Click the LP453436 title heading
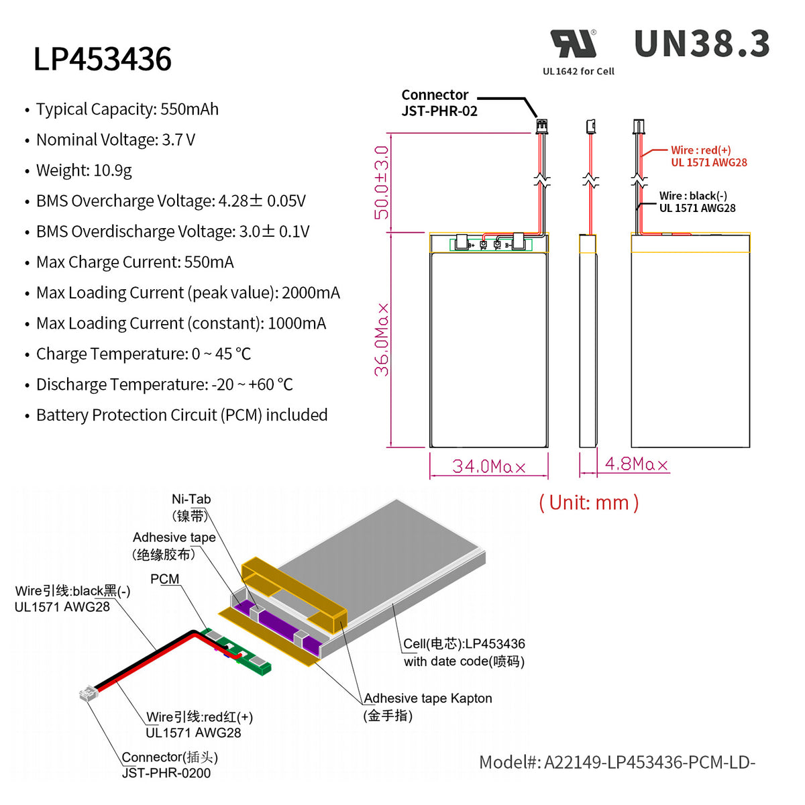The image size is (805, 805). click(x=103, y=59)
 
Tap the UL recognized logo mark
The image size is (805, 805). click(x=574, y=44)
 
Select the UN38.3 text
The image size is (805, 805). click(x=702, y=44)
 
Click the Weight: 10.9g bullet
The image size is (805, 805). click(x=84, y=170)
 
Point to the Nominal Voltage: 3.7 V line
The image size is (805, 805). click(x=115, y=140)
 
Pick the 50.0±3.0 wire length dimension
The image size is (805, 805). click(x=382, y=182)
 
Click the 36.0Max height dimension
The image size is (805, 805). click(x=382, y=339)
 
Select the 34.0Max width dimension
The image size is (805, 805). click(x=488, y=466)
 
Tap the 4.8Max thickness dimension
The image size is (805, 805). click(x=636, y=464)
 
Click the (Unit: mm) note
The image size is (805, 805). click(x=588, y=502)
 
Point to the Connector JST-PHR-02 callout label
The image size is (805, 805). click(x=439, y=103)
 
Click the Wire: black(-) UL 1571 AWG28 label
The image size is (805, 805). click(x=697, y=202)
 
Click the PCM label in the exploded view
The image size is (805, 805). click(x=164, y=579)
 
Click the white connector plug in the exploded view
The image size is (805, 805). click(x=87, y=693)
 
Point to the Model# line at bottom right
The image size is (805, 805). click(x=616, y=762)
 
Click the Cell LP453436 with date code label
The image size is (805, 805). click(x=464, y=652)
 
